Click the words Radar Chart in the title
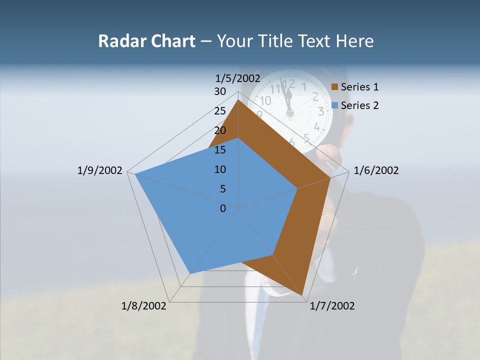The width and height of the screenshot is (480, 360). pyautogui.click(x=146, y=41)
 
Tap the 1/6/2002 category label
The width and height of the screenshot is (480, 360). pyautogui.click(x=376, y=170)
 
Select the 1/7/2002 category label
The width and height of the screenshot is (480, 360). pyautogui.click(x=332, y=306)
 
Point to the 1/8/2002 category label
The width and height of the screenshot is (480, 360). pyautogui.click(x=144, y=306)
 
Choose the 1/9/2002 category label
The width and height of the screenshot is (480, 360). pyautogui.click(x=100, y=170)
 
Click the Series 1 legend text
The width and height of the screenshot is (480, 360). pyautogui.click(x=359, y=87)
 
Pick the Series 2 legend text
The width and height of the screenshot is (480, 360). pyautogui.click(x=359, y=105)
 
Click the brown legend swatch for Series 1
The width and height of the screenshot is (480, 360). pyautogui.click(x=335, y=87)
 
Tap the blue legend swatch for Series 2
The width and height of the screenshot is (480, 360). pyautogui.click(x=335, y=105)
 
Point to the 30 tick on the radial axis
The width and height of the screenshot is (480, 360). pyautogui.click(x=220, y=91)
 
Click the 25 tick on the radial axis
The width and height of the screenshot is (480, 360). pyautogui.click(x=220, y=111)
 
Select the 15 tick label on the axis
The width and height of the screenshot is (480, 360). pyautogui.click(x=220, y=150)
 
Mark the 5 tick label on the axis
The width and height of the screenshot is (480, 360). pyautogui.click(x=222, y=189)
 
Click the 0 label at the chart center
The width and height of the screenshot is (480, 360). pyautogui.click(x=223, y=208)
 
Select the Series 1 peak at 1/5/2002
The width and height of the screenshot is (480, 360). pyautogui.click(x=238, y=100)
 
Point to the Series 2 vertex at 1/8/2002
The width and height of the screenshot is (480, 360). pyautogui.click(x=190, y=273)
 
